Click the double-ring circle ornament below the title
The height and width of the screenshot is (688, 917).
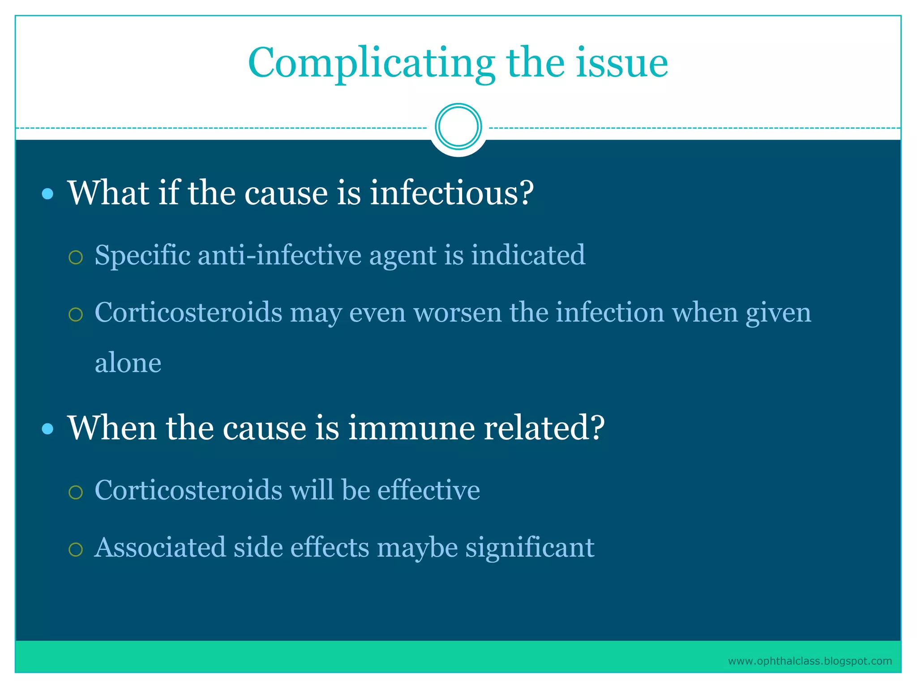point(458,127)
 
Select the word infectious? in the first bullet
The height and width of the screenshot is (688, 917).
point(451,193)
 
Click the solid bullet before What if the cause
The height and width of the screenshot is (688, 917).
point(47,194)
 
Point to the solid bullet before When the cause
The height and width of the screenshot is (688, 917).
point(47,429)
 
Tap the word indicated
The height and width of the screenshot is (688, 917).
point(528,255)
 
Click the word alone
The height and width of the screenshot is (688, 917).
point(128,363)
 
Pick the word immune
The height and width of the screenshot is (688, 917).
point(411,428)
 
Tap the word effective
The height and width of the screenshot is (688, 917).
point(429,490)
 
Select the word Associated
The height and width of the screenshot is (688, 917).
point(160,548)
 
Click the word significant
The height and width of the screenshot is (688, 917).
point(530,548)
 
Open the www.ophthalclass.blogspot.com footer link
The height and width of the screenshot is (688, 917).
point(810,661)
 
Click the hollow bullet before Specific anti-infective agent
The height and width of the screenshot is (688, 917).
point(76,258)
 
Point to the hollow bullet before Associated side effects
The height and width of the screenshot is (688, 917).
point(76,550)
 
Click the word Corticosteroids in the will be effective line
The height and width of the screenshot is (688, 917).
point(189,490)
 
